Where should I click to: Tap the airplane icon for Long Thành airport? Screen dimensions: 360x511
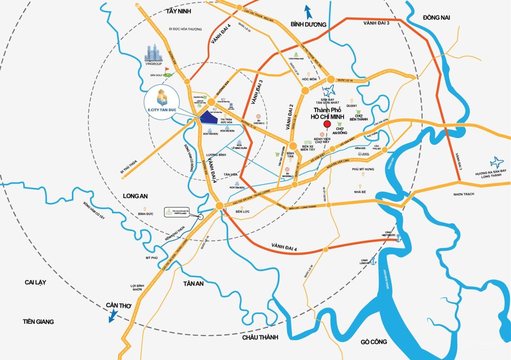click(496, 162)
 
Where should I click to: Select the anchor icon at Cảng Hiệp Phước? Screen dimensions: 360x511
click(398, 238)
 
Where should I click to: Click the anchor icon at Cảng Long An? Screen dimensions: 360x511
click(373, 261)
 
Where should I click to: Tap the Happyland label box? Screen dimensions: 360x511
click(175, 212)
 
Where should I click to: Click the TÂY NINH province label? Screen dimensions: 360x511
click(178, 11)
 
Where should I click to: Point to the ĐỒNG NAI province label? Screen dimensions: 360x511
click(436, 18)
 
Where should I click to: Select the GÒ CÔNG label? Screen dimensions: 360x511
click(374, 342)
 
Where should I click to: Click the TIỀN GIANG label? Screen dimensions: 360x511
click(38, 321)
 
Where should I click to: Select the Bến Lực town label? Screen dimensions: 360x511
click(242, 212)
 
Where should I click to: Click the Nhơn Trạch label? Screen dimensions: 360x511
click(464, 194)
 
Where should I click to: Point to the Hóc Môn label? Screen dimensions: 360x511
click(309, 79)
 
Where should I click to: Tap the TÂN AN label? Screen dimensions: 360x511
click(193, 283)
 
